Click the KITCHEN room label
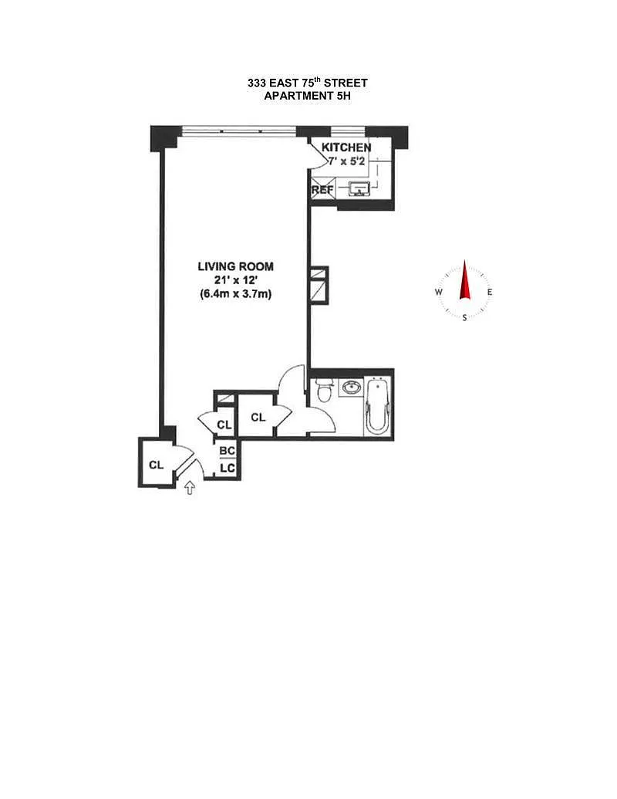[346, 147]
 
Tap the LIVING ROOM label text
[236, 266]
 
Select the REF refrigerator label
[322, 190]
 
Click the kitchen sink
[360, 189]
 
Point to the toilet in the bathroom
[323, 391]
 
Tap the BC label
[227, 451]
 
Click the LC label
[227, 467]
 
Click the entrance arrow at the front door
[190, 488]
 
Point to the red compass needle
[464, 280]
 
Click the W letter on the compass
[438, 292]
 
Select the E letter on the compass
[490, 292]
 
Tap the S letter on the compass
[464, 318]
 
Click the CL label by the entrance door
[157, 465]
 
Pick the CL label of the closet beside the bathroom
[258, 418]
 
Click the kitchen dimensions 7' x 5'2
[347, 161]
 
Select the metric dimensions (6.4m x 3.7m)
[236, 294]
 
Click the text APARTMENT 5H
[308, 95]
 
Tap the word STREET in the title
[346, 83]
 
